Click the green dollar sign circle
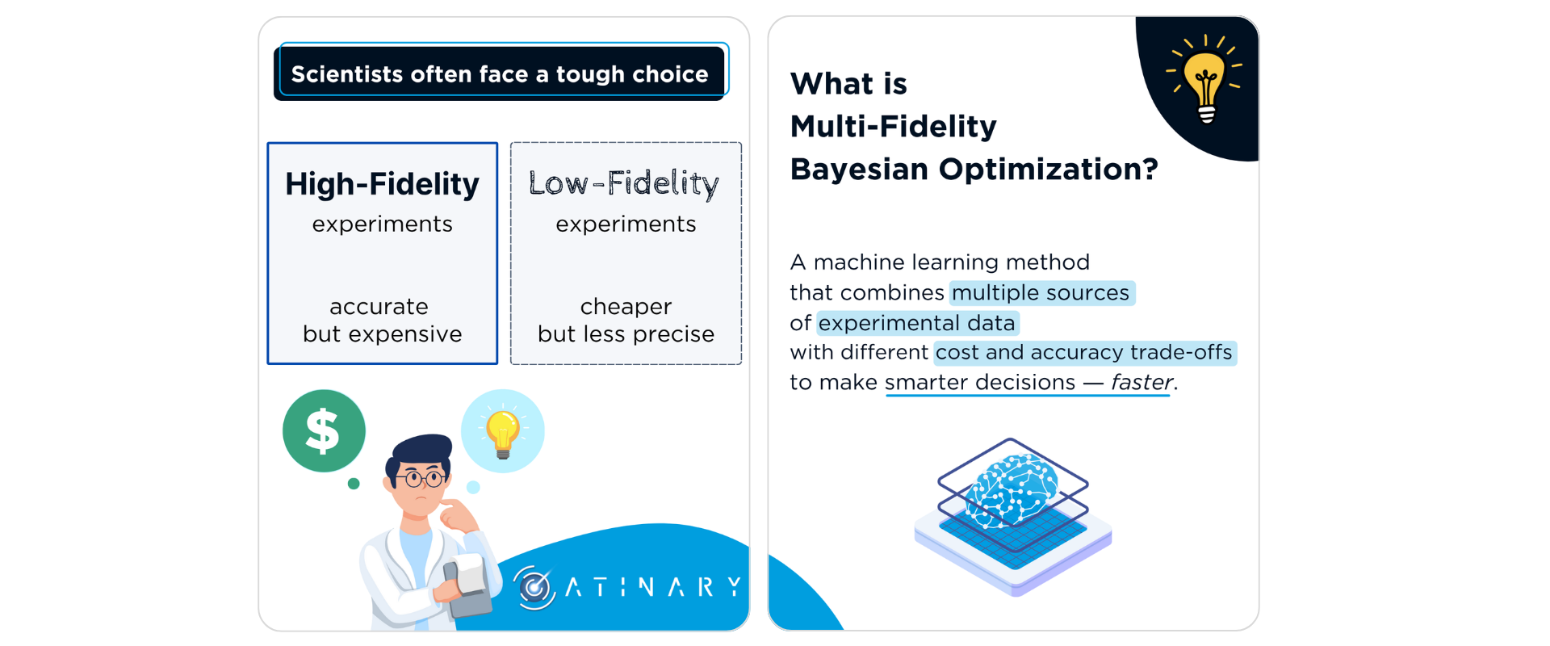[324, 431]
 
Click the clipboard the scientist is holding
[469, 585]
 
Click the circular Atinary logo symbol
[534, 587]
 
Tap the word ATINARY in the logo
[653, 587]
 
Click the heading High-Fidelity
[382, 185]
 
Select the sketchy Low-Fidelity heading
[624, 184]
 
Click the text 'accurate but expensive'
[382, 320]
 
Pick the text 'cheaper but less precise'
[626, 320]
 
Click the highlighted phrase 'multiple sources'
[1041, 292]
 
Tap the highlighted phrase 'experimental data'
[917, 323]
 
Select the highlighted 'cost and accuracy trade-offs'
[1085, 353]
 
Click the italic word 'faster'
[1142, 382]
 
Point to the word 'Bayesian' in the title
[859, 170]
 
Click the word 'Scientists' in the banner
[347, 74]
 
